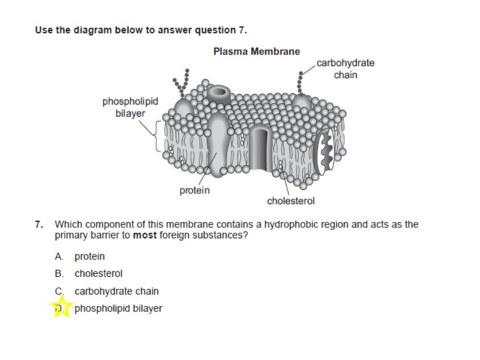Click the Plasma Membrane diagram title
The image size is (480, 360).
(257, 51)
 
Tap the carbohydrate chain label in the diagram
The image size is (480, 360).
(345, 69)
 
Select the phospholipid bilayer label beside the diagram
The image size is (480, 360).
(130, 107)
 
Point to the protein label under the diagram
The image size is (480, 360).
(195, 191)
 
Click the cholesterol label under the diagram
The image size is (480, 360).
(291, 201)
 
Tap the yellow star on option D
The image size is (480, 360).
(62, 308)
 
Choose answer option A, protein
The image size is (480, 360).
(89, 257)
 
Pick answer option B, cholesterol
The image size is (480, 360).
(98, 273)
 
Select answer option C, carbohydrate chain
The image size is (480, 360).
(116, 291)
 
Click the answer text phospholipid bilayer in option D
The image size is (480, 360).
(118, 308)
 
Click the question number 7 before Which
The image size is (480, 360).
(39, 225)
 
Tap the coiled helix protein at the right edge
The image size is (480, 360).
(325, 153)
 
